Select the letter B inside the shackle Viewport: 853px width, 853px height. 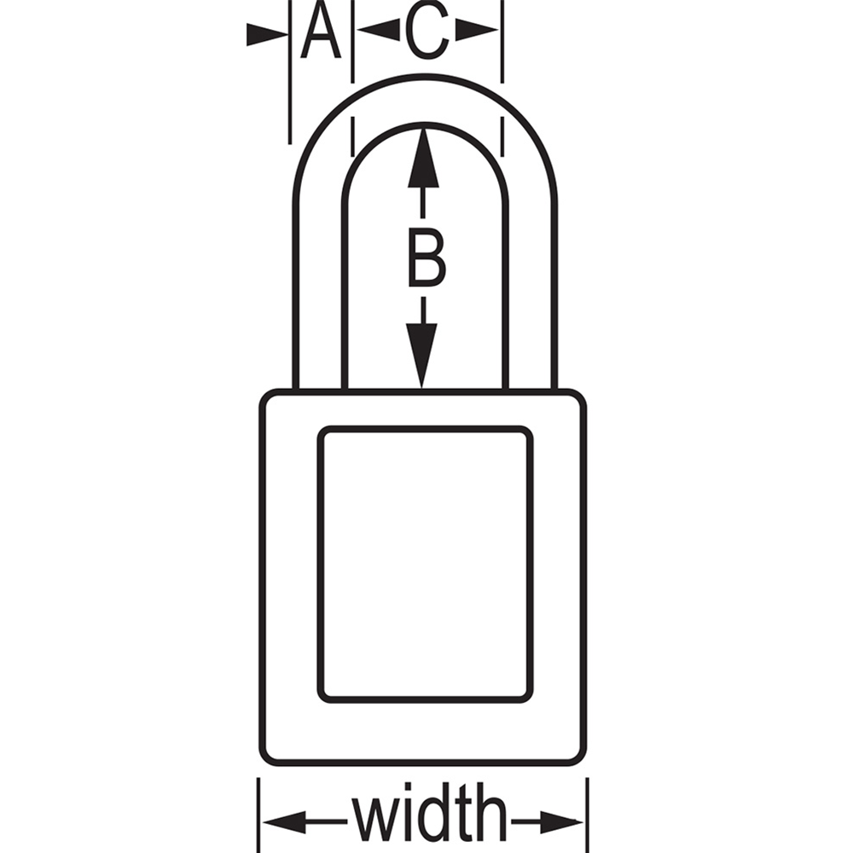426,256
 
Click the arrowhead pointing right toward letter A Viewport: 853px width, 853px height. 267,34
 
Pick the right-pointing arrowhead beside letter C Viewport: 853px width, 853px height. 477,30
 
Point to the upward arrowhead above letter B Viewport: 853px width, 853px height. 423,158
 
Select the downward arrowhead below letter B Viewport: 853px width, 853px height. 421,356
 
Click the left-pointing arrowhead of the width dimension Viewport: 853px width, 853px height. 284,821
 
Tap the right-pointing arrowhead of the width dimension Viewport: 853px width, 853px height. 561,821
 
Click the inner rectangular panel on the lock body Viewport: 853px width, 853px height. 425,564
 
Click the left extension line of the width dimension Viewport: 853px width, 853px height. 258,815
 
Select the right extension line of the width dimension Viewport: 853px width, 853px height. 588,815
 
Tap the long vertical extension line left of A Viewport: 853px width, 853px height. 290,72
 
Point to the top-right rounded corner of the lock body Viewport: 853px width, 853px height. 578,397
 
